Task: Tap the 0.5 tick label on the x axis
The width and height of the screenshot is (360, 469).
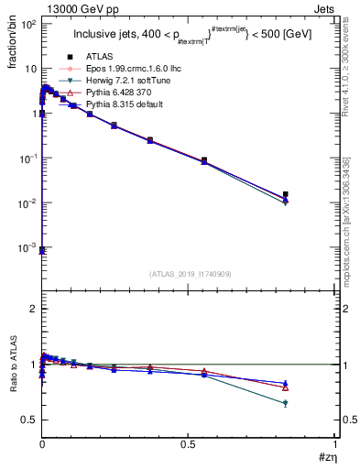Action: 189,444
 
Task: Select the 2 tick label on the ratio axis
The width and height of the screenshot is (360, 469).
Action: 32,309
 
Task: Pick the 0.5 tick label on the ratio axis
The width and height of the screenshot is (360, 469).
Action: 28,420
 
